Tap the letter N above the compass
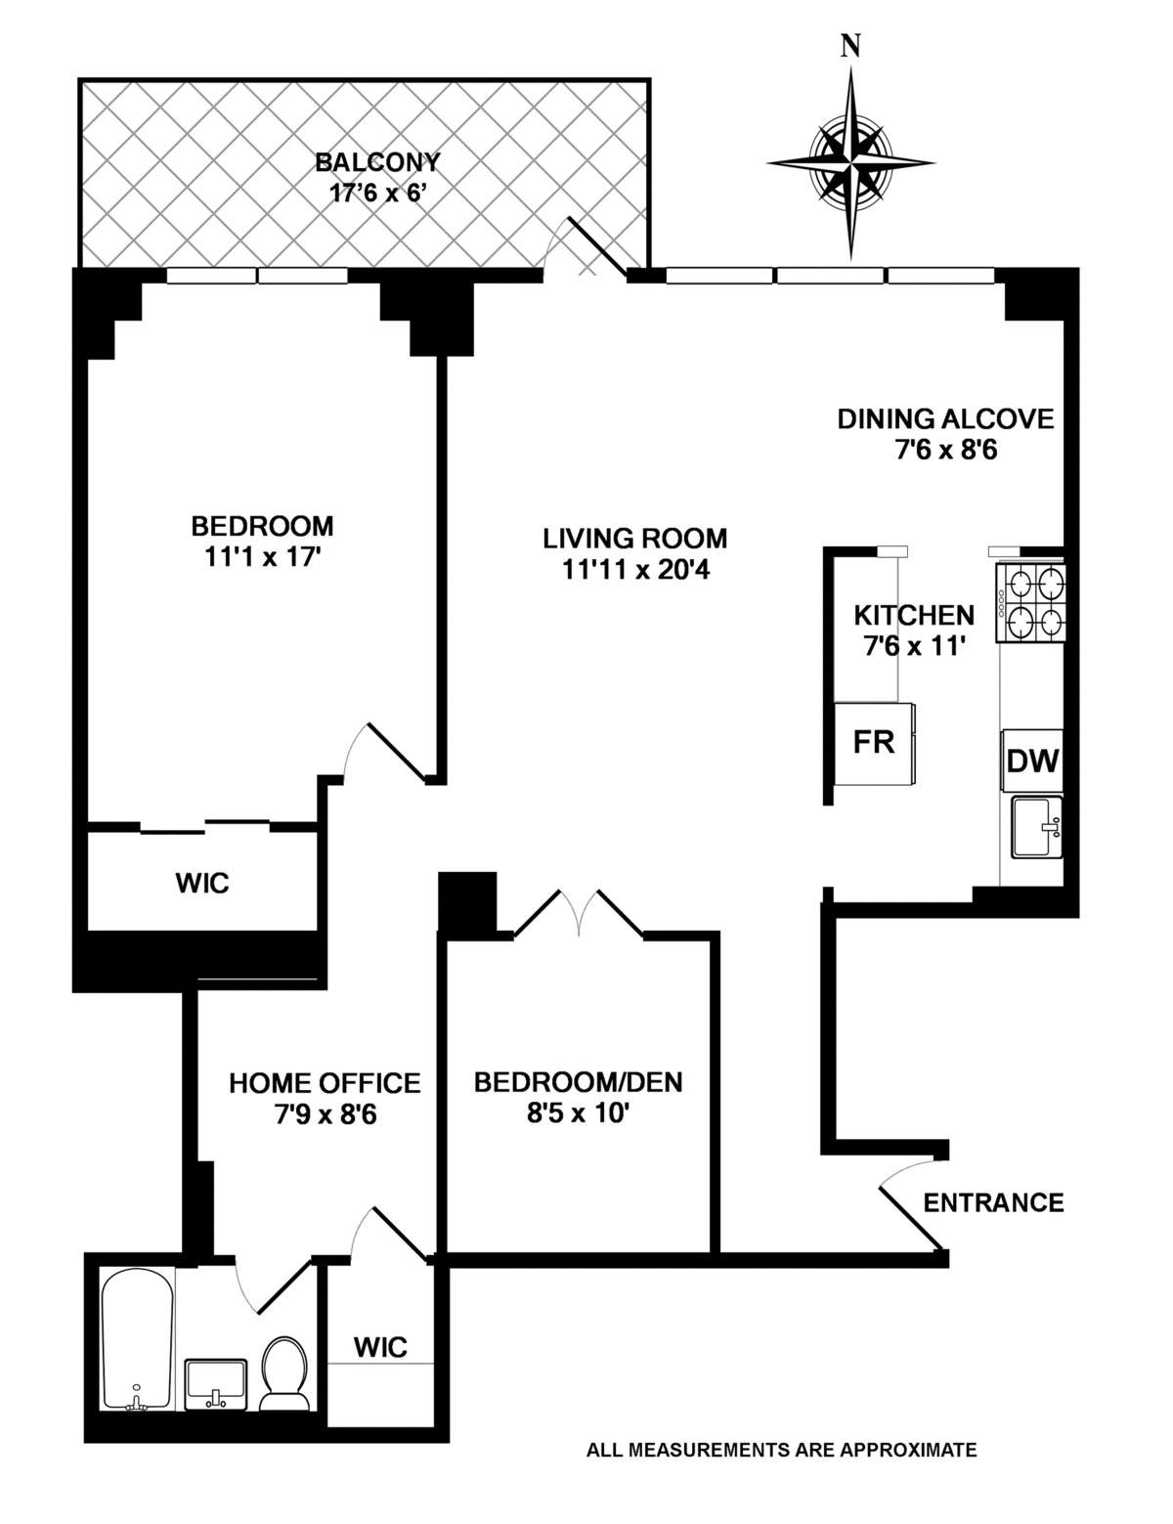pos(851,47)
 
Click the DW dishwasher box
pos(1033,761)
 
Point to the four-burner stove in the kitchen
pos(1031,603)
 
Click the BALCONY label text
pos(377,162)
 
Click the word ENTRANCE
pos(993,1201)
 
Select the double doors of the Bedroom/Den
pos(579,914)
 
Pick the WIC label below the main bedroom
pos(202,883)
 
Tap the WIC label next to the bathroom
pos(380,1347)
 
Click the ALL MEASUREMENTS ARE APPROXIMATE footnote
pos(781,1450)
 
